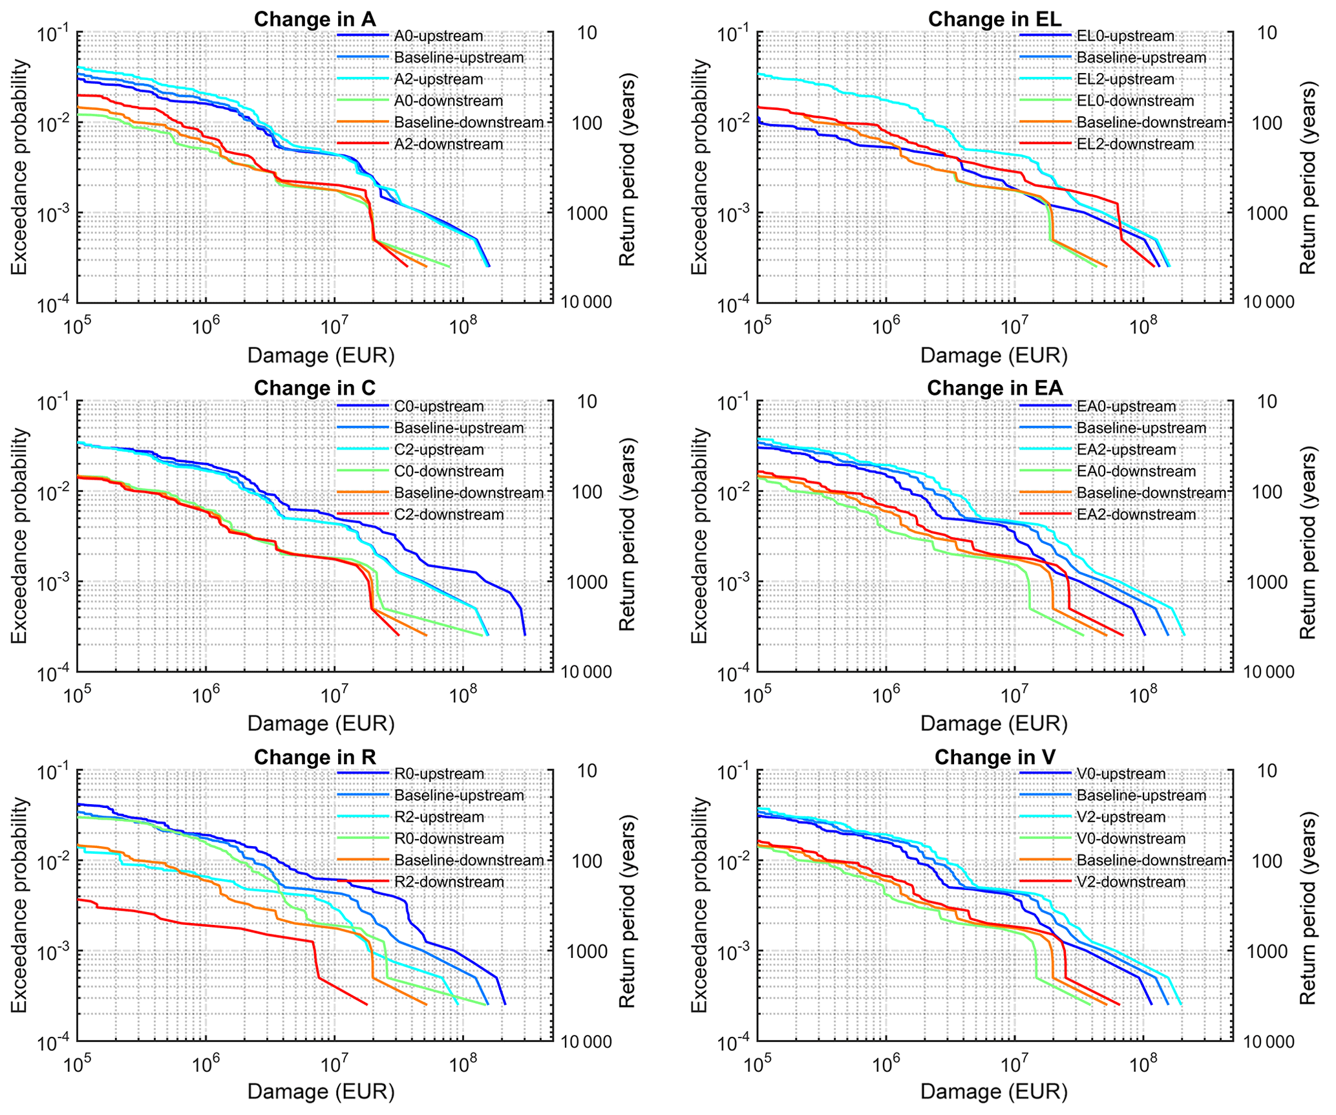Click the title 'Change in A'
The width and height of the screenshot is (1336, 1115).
coord(315,19)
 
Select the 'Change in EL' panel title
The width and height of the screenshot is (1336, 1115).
coord(995,19)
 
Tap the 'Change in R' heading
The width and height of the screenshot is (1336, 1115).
coord(315,757)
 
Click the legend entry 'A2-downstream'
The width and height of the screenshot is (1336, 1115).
coord(449,144)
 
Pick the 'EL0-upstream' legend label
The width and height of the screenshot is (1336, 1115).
coord(1125,36)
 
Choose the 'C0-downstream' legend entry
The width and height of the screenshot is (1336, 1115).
coord(449,471)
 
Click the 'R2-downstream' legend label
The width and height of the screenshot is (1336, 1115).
coord(449,882)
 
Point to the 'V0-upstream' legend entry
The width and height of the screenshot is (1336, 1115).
coord(1121,774)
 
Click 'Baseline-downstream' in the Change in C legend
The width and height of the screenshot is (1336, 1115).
coord(469,493)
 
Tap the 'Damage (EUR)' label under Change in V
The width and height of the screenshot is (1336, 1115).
coord(994,1092)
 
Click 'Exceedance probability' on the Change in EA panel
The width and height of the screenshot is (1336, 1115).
coord(700,536)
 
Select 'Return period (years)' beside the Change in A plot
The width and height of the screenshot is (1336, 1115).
coord(628,169)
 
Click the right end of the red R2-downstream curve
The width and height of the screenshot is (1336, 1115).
coord(366,1004)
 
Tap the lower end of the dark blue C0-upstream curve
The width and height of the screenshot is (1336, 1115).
coord(525,635)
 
